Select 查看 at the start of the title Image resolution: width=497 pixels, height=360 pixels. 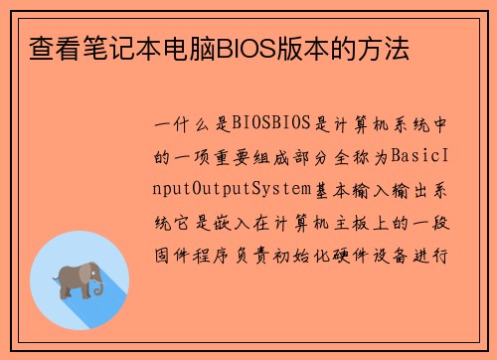click(x=45, y=47)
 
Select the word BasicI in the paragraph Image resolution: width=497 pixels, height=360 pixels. click(x=424, y=156)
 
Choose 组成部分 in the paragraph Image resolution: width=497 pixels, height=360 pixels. click(x=284, y=156)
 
